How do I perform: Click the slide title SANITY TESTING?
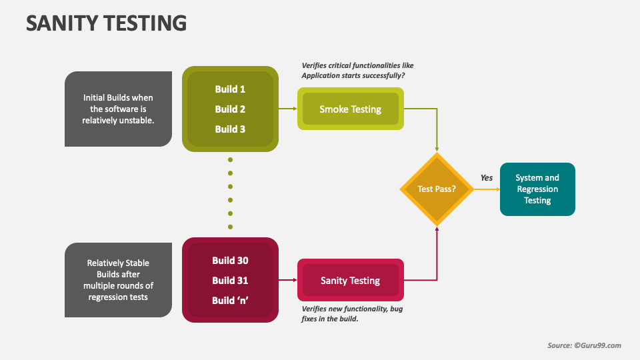click(106, 23)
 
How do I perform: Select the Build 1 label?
click(230, 89)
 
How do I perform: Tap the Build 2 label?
click(230, 109)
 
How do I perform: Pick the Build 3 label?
click(230, 129)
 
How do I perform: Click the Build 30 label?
click(230, 261)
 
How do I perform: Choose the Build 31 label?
click(230, 281)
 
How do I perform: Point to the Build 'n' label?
click(230, 301)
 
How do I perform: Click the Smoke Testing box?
click(350, 109)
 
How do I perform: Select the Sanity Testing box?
click(350, 281)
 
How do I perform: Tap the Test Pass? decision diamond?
click(437, 189)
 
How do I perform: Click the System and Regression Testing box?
click(537, 189)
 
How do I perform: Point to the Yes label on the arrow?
click(487, 178)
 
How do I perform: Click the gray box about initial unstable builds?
click(118, 109)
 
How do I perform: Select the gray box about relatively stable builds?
click(118, 280)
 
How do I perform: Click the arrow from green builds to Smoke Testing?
click(287, 109)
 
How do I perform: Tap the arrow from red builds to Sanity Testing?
click(287, 281)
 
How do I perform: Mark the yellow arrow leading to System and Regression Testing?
click(487, 189)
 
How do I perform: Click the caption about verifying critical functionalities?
click(357, 71)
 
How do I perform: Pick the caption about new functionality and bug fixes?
click(351, 314)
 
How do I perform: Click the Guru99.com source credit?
click(584, 345)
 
